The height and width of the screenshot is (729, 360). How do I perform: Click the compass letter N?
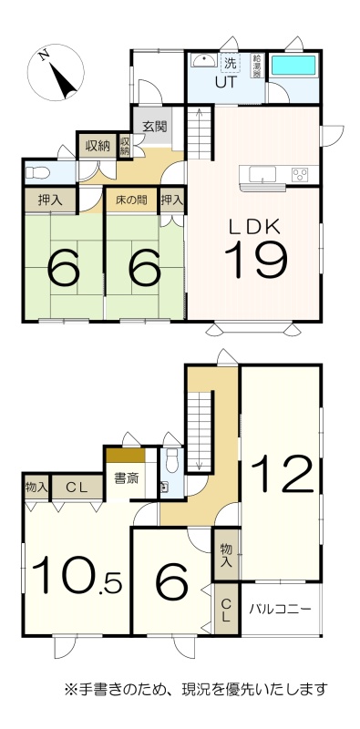[44, 56]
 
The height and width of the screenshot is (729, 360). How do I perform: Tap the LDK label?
[254, 227]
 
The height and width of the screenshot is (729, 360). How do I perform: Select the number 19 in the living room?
[255, 260]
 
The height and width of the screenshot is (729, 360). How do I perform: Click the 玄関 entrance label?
[154, 127]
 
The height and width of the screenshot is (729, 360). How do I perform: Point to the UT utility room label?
[226, 83]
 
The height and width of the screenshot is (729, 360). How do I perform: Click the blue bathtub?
[293, 66]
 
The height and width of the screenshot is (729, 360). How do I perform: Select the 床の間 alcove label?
[131, 200]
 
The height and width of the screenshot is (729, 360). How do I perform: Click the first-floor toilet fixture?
[37, 173]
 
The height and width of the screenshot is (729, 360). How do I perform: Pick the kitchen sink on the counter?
[262, 174]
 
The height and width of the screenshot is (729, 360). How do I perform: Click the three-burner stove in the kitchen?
[300, 175]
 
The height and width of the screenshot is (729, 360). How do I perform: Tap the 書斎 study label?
[127, 478]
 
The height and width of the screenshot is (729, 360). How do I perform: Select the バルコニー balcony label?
[280, 609]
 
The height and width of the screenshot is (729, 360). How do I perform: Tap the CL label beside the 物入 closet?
[77, 488]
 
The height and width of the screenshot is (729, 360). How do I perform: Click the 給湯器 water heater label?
[257, 66]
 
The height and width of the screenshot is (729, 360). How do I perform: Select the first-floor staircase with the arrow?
[200, 132]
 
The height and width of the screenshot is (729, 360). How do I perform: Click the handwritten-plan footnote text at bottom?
[196, 688]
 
